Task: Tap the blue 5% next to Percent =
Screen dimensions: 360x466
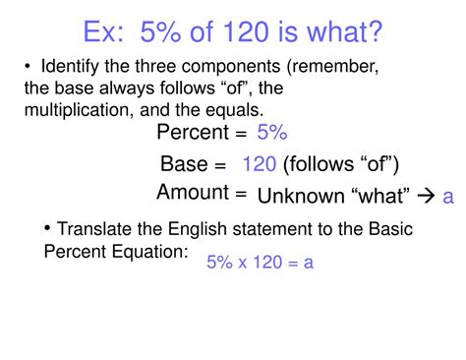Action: pyautogui.click(x=272, y=133)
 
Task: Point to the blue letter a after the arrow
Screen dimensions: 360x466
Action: pyautogui.click(x=448, y=197)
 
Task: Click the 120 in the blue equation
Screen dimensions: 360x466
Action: pyautogui.click(x=265, y=263)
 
